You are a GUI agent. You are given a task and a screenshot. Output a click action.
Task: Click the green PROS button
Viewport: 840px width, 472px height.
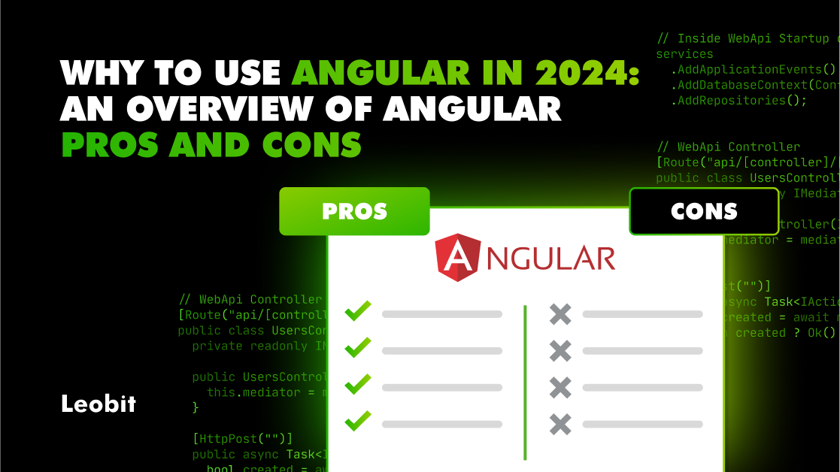pos(354,211)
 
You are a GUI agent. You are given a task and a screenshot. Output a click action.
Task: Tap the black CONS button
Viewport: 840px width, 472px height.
pos(704,211)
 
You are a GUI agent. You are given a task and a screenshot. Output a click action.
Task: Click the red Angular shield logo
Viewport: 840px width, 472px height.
pos(458,257)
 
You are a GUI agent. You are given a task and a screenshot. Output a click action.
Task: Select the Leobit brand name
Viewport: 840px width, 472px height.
pos(99,404)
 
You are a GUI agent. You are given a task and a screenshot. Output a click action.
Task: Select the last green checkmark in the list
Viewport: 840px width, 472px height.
pos(358,422)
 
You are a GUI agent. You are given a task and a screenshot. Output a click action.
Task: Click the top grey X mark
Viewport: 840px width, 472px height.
pos(560,313)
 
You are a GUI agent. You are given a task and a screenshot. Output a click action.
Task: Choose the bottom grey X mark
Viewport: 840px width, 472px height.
pos(560,424)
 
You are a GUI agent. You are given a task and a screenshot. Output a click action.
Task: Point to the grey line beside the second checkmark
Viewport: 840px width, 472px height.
pos(441,350)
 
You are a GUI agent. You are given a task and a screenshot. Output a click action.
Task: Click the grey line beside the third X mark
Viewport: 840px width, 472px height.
pos(642,387)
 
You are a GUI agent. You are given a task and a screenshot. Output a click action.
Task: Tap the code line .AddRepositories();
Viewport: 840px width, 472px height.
pos(738,101)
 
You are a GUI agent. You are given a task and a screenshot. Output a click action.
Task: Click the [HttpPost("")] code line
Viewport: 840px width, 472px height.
pos(242,438)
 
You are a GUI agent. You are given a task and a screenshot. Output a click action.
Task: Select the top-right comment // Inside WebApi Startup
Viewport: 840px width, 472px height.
pos(744,38)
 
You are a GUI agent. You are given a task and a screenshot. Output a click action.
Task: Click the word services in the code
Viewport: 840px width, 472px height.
pos(684,54)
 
